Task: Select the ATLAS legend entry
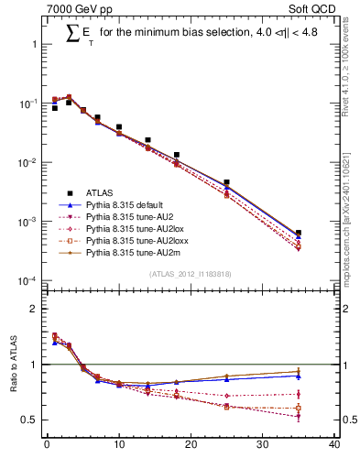[99, 192]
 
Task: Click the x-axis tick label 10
[118, 446]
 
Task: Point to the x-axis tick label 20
[191, 446]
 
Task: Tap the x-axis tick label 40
[334, 446]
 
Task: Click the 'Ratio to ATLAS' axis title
[12, 365]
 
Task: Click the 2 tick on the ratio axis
[33, 309]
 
